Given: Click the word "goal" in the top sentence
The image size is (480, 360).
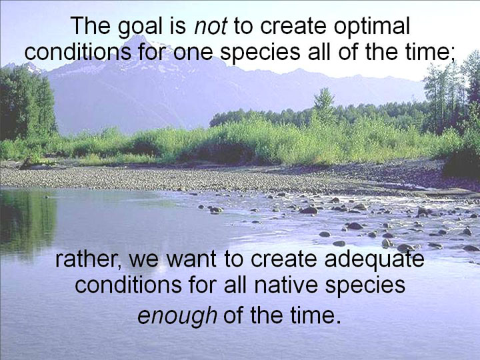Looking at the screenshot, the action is point(140,27).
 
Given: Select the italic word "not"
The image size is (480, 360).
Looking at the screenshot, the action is point(211,27).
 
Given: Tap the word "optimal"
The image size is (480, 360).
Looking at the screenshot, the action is point(372,27).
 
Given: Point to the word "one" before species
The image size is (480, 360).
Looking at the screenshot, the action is point(193,53).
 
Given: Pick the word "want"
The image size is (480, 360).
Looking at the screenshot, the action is point(191,259).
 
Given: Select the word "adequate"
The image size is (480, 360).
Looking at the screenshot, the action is point(375,259).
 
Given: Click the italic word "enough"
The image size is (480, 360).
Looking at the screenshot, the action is point(177,315).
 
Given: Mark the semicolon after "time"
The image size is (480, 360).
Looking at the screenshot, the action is point(453,55).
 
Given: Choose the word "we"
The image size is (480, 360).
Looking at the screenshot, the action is point(143,260).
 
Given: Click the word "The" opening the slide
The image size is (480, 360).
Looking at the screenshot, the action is point(91,26).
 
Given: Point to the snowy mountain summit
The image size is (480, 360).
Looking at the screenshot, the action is point(137,39).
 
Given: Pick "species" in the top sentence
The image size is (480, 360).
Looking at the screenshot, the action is point(260,54).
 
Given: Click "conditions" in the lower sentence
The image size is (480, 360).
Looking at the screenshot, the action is point(128,285).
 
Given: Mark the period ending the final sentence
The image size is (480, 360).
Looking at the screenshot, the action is point(338,322).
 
